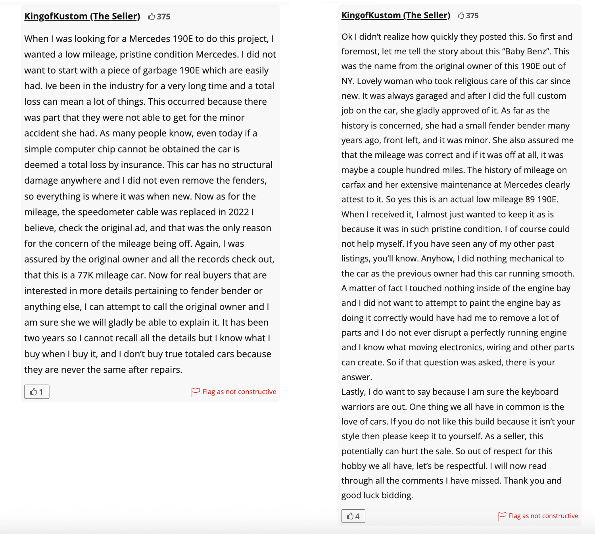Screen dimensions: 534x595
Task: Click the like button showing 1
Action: pyautogui.click(x=36, y=392)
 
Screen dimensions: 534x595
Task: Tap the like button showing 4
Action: pyautogui.click(x=353, y=516)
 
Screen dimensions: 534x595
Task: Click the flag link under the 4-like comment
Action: pyautogui.click(x=543, y=516)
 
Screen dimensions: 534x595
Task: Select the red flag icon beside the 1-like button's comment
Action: pyautogui.click(x=196, y=392)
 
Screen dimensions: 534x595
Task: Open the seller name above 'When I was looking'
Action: pyautogui.click(x=82, y=16)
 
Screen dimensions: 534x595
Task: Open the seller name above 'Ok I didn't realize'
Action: pyautogui.click(x=395, y=15)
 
